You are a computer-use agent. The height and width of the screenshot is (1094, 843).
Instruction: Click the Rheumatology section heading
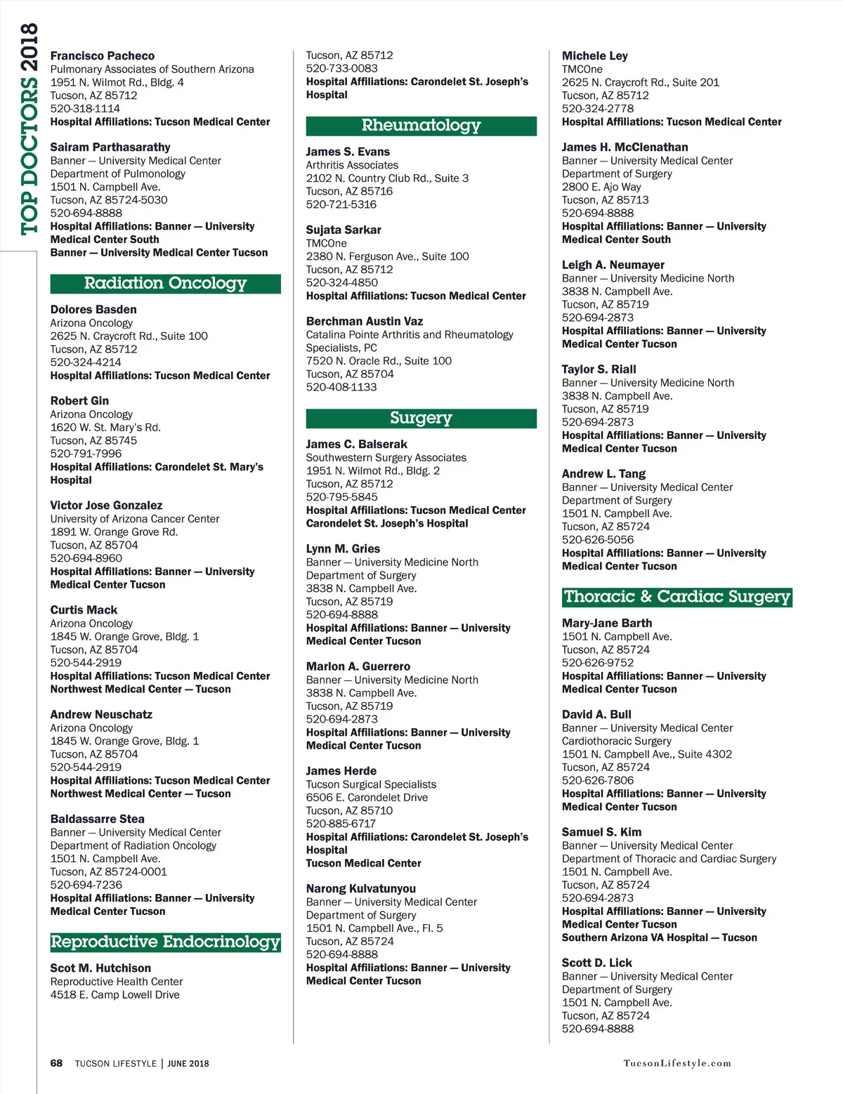[421, 126]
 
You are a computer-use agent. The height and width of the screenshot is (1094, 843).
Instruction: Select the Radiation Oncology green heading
[165, 283]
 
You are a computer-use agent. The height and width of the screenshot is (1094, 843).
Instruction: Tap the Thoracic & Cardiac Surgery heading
[677, 597]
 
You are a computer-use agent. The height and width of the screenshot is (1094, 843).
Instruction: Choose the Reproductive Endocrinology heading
[165, 942]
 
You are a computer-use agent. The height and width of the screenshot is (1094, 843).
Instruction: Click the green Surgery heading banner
[421, 418]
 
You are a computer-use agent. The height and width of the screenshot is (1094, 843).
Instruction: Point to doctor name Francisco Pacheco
[103, 55]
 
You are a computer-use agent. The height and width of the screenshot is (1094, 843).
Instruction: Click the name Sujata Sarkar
[344, 230]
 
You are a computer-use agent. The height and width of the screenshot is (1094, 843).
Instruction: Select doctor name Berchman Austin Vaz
[364, 321]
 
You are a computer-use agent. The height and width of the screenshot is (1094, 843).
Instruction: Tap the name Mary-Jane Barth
[607, 623]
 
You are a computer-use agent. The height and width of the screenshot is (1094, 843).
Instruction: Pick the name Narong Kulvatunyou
[360, 888]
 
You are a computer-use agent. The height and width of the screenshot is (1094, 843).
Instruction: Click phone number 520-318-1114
[85, 108]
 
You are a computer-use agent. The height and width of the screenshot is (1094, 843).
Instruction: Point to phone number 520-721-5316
[341, 204]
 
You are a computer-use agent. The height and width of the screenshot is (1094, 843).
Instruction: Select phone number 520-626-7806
[597, 780]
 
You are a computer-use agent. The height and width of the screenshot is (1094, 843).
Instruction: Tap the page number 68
[56, 1063]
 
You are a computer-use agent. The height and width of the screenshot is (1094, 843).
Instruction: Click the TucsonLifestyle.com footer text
[677, 1063]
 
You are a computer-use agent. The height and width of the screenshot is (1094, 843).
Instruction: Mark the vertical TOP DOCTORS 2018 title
[29, 130]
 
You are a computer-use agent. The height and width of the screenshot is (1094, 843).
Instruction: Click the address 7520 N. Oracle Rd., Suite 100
[379, 360]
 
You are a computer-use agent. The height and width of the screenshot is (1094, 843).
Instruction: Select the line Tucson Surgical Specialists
[371, 784]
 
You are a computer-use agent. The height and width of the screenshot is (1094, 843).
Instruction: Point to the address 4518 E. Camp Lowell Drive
[115, 994]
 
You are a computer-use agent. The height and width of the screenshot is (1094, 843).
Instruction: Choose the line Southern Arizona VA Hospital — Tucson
[660, 937]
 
